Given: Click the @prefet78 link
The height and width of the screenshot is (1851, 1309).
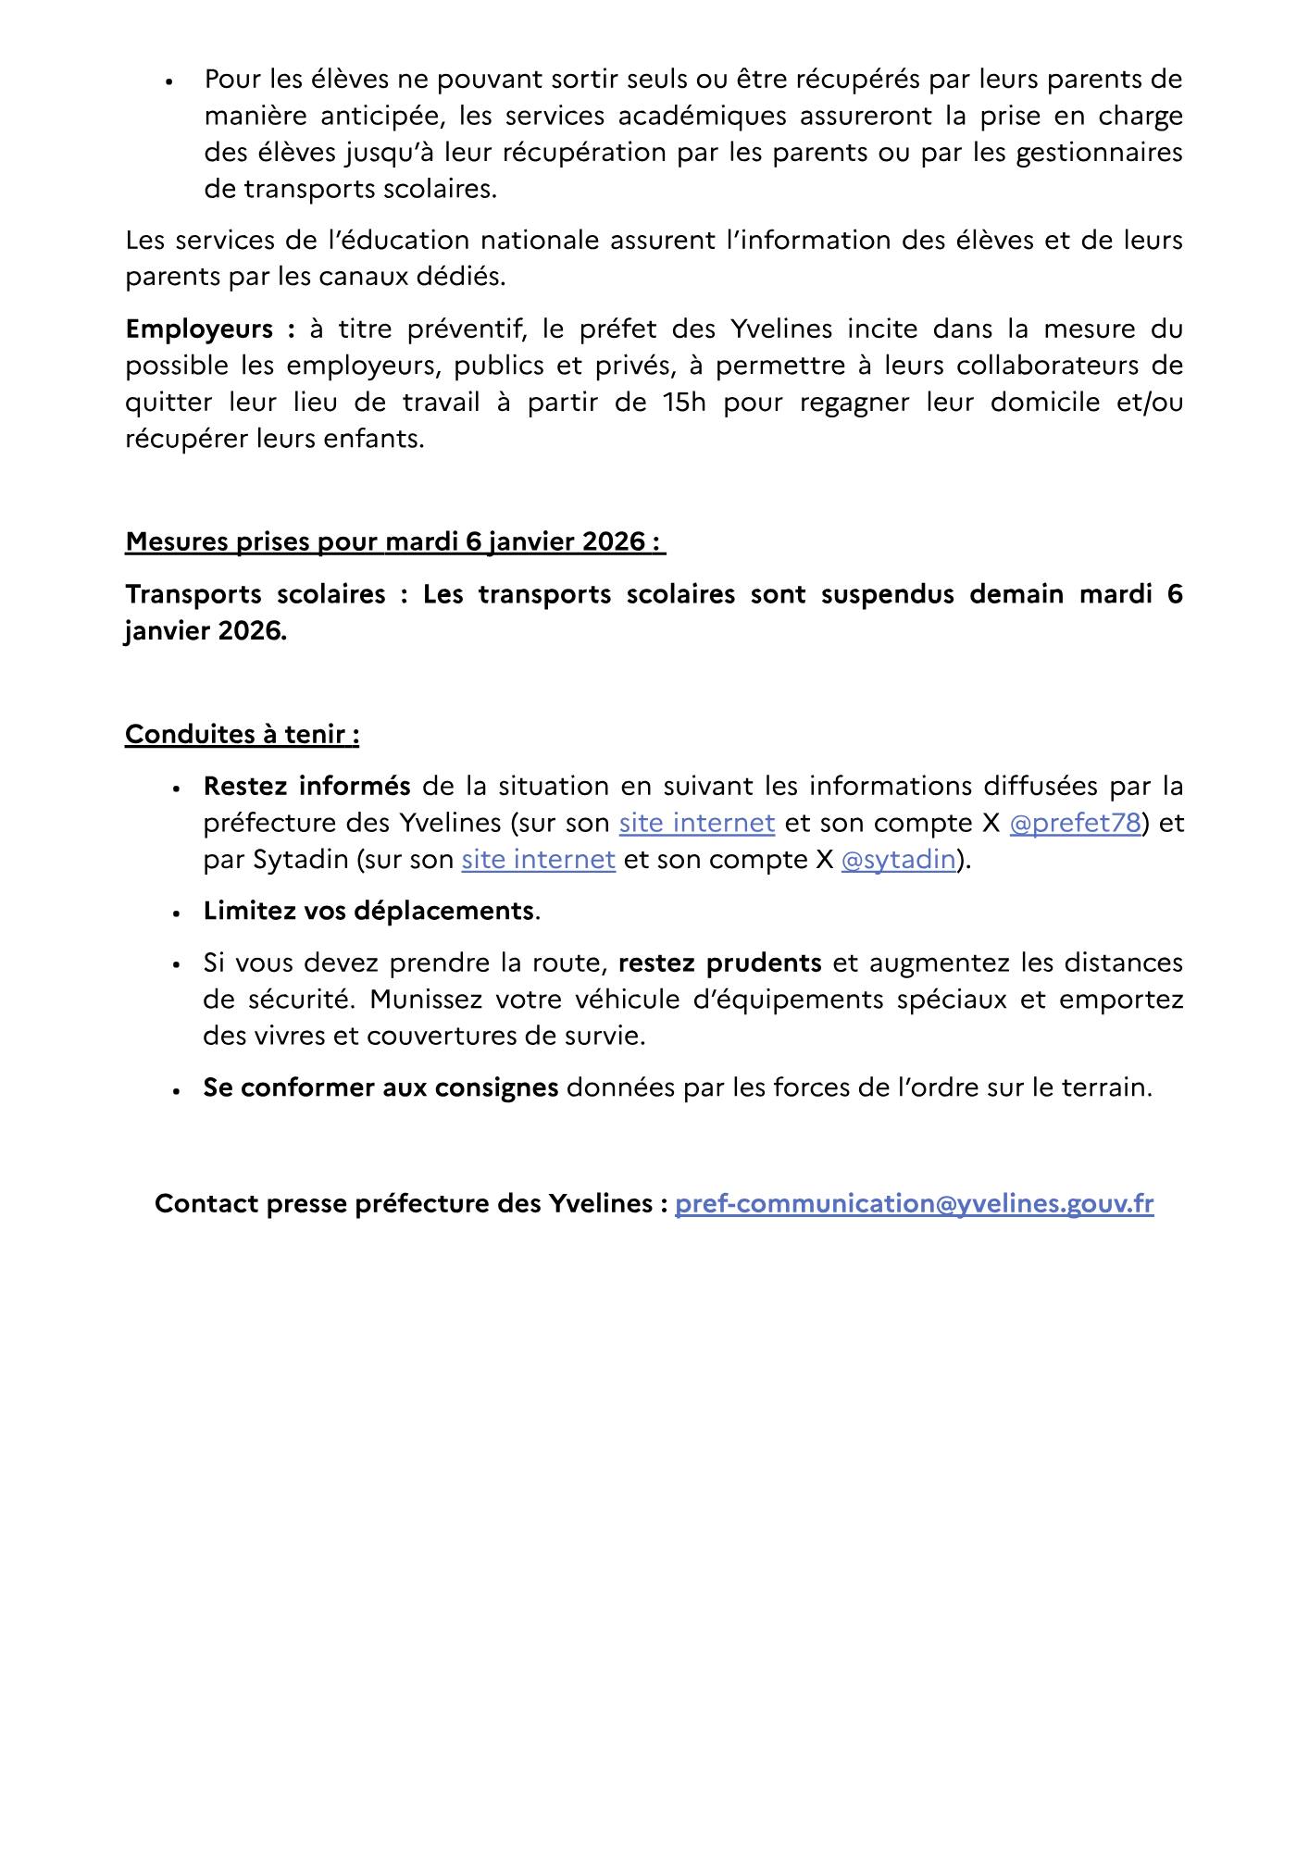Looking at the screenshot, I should (1074, 823).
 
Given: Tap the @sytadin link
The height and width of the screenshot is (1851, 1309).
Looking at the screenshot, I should (898, 860).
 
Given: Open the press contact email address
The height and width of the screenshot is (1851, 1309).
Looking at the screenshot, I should (914, 1203).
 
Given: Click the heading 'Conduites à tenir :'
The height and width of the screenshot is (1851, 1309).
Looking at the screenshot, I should (242, 734).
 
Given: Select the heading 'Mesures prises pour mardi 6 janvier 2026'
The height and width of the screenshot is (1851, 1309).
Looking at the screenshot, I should (394, 541).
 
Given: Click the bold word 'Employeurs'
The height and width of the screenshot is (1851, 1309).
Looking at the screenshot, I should (199, 329).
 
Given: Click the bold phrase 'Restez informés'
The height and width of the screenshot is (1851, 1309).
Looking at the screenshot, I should (306, 786).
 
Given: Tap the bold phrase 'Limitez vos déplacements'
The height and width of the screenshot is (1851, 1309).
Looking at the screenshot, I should (368, 911).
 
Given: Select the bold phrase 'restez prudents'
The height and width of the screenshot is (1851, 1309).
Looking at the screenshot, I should (719, 963).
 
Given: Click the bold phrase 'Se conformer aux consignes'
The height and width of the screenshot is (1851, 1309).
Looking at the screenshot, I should (380, 1087).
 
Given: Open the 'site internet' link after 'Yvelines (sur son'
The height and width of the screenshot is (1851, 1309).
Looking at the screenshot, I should (696, 823).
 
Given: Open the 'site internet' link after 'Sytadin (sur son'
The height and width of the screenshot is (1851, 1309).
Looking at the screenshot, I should (538, 860).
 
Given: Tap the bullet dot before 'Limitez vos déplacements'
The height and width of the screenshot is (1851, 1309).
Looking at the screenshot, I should (175, 913).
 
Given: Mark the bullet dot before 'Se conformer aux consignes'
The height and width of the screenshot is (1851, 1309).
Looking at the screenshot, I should (175, 1089).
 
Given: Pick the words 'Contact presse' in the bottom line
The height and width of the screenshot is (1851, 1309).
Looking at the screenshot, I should (249, 1203).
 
